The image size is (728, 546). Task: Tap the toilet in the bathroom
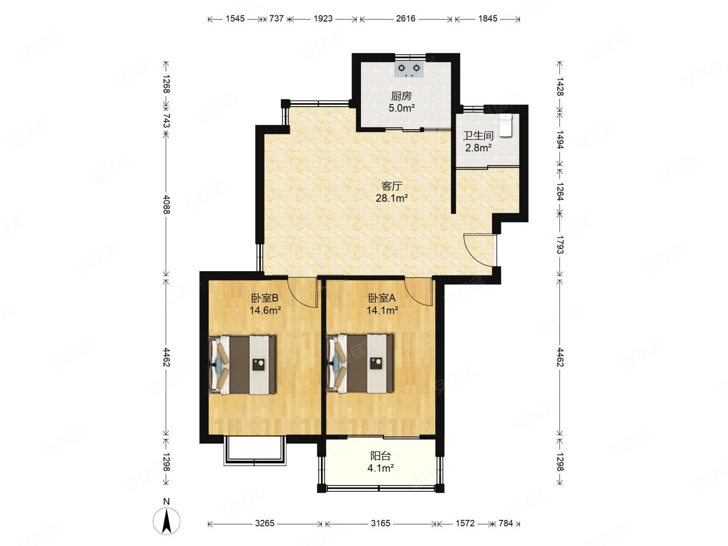click(x=505, y=125)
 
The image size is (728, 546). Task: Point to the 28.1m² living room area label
click(x=391, y=198)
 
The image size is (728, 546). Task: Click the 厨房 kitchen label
click(x=401, y=96)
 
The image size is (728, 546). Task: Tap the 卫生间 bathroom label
click(x=478, y=135)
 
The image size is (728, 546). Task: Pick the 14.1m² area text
click(x=382, y=310)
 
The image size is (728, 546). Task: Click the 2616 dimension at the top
click(x=406, y=18)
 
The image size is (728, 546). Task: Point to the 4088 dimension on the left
click(x=167, y=205)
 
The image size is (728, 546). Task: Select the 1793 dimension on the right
click(x=560, y=245)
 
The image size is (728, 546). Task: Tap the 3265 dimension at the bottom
click(x=265, y=523)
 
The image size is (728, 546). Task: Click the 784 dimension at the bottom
click(x=506, y=523)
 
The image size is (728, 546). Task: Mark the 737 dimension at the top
click(x=276, y=18)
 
